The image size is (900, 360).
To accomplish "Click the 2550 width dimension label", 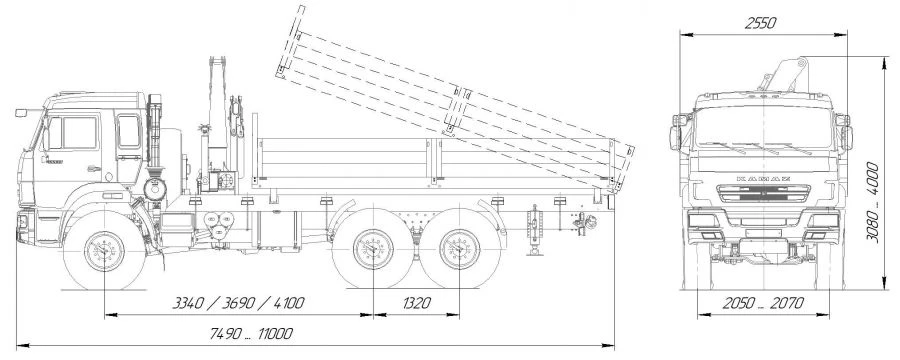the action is [760, 23].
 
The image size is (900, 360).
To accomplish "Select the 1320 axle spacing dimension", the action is [416, 303].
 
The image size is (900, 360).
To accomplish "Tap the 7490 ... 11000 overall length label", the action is [251, 334].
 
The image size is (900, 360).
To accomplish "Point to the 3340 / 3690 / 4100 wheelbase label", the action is [238, 303].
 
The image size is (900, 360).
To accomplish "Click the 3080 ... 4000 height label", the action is [872, 202].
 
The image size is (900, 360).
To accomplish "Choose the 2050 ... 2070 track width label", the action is [763, 303].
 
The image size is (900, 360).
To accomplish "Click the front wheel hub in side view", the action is [104, 251].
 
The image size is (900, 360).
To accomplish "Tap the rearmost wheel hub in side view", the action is [459, 249].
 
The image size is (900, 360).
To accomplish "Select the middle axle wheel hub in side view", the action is [373, 249].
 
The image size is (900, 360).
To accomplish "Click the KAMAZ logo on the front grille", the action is [763, 179].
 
